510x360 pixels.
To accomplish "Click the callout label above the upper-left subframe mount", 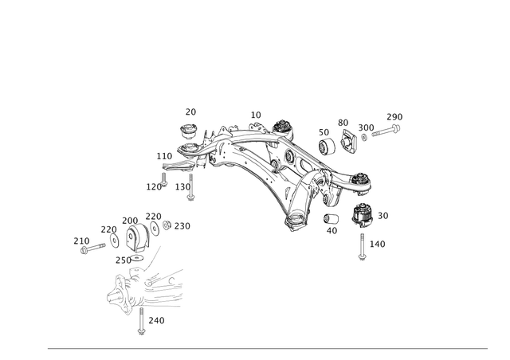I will [190, 112].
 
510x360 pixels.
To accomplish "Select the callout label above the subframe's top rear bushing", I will [256, 113].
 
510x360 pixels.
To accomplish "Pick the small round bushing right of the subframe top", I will [326, 144].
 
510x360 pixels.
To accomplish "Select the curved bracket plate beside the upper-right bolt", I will [348, 137].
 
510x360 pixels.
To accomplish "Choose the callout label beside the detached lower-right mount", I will [383, 215].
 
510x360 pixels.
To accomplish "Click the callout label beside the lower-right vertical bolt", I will [378, 242].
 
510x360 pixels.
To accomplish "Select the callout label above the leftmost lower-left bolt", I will [80, 237].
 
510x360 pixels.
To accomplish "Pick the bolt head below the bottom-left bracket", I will [140, 327].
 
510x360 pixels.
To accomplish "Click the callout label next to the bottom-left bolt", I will [157, 319].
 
